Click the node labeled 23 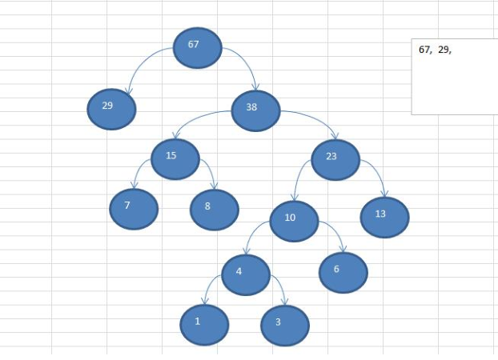pyautogui.click(x=335, y=158)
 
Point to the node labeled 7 pyautogui.click(x=134, y=209)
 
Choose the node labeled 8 pyautogui.click(x=214, y=210)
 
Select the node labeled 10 pyautogui.click(x=294, y=222)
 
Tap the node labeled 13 pyautogui.click(x=384, y=218)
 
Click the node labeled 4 pyautogui.click(x=244, y=274)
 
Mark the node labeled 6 pyautogui.click(x=343, y=272)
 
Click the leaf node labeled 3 pyautogui.click(x=284, y=326)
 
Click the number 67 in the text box pyautogui.click(x=424, y=50)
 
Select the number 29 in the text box pyautogui.click(x=444, y=50)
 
